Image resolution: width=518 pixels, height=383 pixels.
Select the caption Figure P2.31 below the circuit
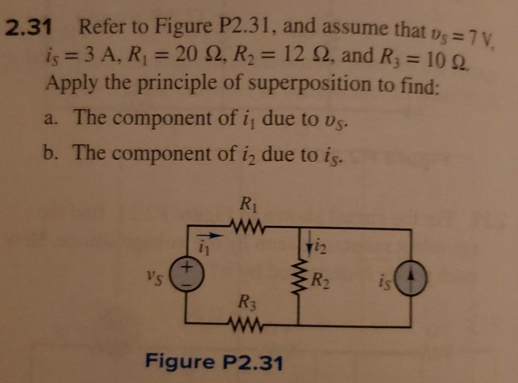coord(215,362)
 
